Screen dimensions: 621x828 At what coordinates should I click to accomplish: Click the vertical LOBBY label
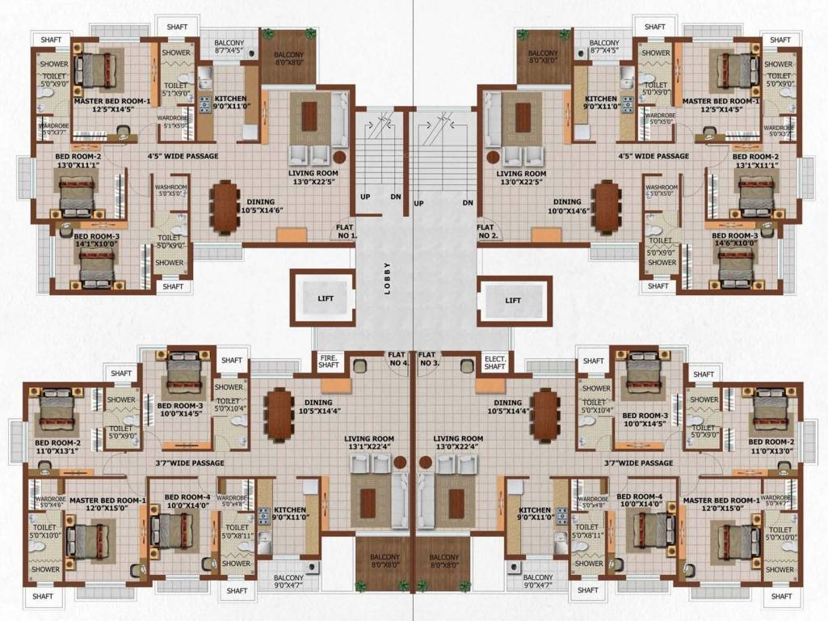tap(388, 279)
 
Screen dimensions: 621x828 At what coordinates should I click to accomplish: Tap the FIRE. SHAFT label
tap(329, 361)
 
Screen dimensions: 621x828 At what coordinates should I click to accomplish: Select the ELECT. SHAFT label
tap(494, 361)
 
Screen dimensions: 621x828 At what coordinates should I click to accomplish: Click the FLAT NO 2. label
tap(487, 232)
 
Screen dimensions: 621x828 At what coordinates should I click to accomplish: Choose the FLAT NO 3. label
tap(429, 358)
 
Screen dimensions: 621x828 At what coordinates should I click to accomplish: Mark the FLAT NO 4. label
tap(397, 358)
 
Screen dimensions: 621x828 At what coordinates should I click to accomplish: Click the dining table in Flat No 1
tap(224, 208)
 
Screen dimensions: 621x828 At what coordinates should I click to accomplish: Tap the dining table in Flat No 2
tap(605, 207)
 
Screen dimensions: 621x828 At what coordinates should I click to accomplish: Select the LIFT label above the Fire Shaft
tap(326, 299)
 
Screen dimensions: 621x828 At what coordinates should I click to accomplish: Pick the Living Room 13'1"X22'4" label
tap(368, 443)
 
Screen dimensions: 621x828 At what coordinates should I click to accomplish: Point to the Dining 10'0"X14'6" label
tap(567, 206)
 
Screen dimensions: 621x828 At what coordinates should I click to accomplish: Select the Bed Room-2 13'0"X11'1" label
tap(78, 160)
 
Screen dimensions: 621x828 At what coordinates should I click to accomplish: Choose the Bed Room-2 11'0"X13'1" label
tap(57, 447)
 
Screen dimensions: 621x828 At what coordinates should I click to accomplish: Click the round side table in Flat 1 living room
tap(340, 156)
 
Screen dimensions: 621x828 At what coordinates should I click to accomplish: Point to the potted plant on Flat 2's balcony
tap(523, 35)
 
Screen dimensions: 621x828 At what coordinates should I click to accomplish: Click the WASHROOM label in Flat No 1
tap(170, 190)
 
